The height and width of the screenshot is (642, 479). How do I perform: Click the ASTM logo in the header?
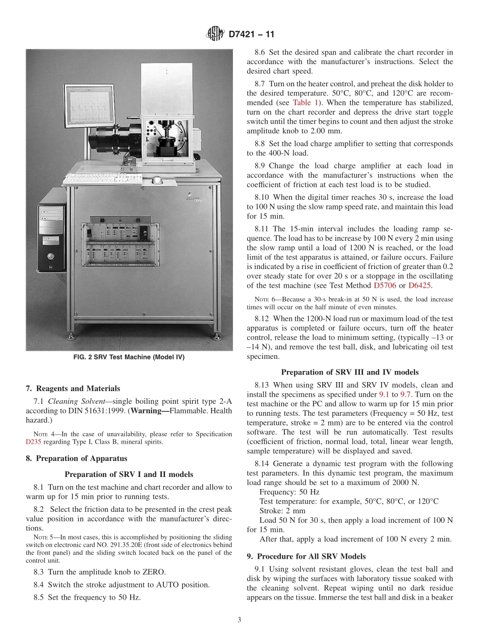click(x=215, y=34)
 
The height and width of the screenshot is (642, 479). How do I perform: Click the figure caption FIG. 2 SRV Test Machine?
click(x=129, y=357)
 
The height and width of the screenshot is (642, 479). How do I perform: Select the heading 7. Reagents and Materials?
click(x=73, y=388)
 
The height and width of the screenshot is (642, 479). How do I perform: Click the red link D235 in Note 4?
click(x=34, y=442)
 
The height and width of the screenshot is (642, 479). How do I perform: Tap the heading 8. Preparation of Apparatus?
click(x=77, y=458)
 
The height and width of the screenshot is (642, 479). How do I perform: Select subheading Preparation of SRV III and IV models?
click(x=349, y=372)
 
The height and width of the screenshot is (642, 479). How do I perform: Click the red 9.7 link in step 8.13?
click(x=405, y=394)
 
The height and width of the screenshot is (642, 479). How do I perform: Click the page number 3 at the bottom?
click(x=239, y=620)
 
